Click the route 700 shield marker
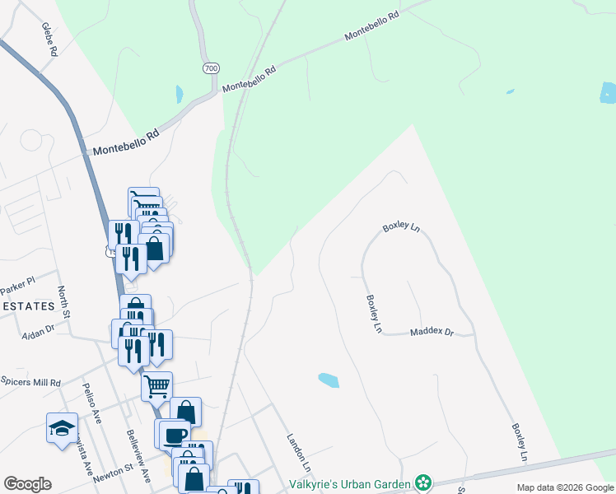[210, 68]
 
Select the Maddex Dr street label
[432, 332]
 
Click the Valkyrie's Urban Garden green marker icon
[423, 482]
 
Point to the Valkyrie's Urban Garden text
[355, 482]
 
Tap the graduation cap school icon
[62, 428]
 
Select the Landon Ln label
[299, 453]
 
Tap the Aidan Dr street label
[37, 328]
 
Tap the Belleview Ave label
[138, 455]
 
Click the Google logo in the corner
[27, 484]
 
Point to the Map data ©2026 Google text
[564, 487]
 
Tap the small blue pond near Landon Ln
[328, 380]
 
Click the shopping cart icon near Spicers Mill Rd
[156, 384]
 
